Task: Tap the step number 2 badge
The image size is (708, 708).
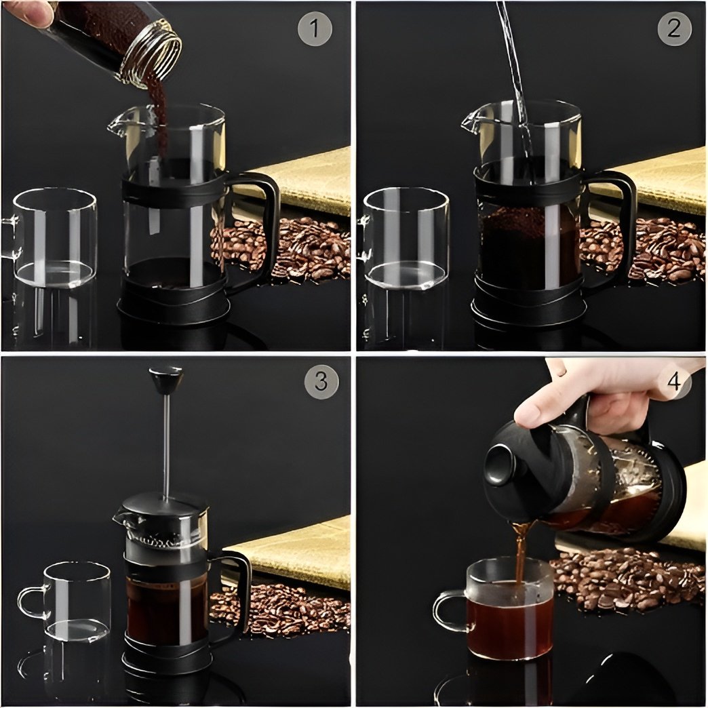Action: (x=673, y=29)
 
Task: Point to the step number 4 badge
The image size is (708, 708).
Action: (x=673, y=382)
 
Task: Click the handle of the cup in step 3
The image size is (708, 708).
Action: (x=30, y=602)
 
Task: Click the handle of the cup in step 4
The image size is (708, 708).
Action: (x=447, y=610)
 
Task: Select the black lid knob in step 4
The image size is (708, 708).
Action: (x=501, y=464)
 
